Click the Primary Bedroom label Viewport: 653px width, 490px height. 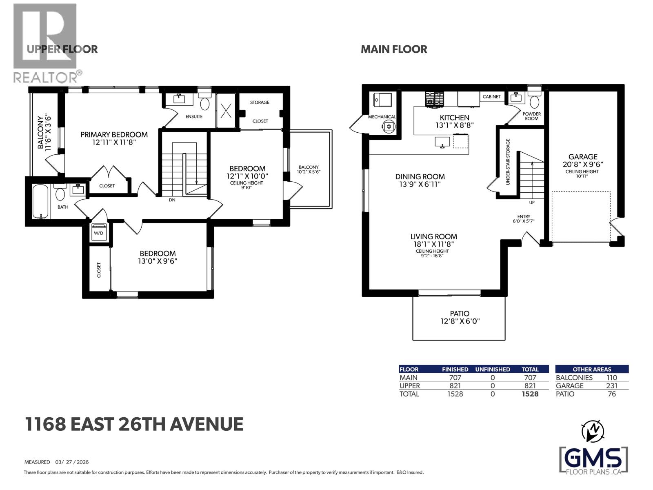click(114, 134)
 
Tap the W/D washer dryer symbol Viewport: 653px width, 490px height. click(99, 232)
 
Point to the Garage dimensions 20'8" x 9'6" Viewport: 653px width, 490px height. click(583, 164)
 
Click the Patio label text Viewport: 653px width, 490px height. click(460, 314)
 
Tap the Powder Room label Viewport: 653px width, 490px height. click(531, 116)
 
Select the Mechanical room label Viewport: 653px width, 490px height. click(382, 117)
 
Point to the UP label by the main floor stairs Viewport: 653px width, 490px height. click(531, 203)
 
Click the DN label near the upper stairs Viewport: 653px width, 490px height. click(172, 200)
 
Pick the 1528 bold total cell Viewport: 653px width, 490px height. click(530, 394)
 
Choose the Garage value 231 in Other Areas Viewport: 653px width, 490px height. click(611, 386)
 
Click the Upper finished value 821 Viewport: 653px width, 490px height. click(455, 386)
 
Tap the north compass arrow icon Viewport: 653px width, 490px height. click(593, 430)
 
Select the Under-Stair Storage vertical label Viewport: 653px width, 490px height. click(508, 162)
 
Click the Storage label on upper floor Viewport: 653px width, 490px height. click(260, 102)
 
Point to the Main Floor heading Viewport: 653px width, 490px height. click(394, 49)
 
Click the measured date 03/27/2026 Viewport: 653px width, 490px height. click(72, 462)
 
